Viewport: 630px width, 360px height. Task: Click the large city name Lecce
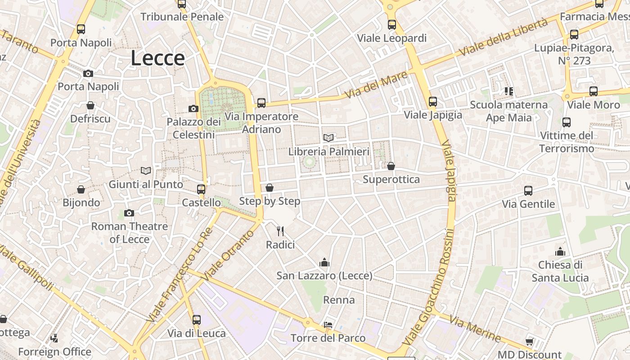click(157, 58)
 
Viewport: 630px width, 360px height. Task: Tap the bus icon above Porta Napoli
click(81, 29)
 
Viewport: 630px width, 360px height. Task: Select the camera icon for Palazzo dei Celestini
click(193, 108)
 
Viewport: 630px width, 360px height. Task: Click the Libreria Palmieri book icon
click(328, 138)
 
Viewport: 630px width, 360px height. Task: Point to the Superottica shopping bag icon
click(391, 166)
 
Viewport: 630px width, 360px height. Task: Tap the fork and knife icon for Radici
click(280, 231)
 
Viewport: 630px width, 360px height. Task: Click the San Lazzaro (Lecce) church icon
click(324, 262)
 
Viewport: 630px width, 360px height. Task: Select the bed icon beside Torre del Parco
click(328, 325)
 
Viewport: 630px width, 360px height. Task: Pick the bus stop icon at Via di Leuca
click(197, 320)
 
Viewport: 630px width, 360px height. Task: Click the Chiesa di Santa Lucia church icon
click(560, 252)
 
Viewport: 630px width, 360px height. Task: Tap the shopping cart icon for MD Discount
click(530, 341)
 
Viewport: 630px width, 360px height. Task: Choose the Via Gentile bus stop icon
click(528, 191)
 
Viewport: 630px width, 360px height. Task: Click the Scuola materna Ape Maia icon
click(509, 92)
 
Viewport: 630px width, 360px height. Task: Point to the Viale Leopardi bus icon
click(392, 25)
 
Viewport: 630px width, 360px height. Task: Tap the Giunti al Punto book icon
click(146, 171)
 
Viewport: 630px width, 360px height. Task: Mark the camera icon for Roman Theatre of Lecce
click(129, 213)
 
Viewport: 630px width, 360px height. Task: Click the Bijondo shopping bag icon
click(81, 189)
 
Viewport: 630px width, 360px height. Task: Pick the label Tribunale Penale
click(182, 17)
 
